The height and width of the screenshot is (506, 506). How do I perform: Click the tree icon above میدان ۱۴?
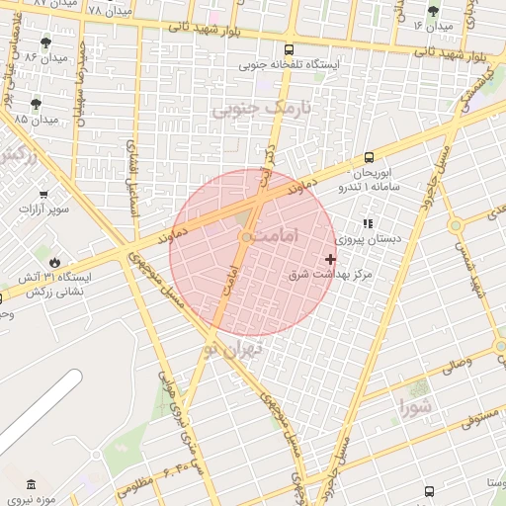(433, 11)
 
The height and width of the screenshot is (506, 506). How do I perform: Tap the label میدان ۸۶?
(45, 58)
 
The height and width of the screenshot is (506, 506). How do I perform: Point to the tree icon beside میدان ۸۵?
(37, 103)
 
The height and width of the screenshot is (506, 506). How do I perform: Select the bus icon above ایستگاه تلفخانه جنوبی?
(289, 49)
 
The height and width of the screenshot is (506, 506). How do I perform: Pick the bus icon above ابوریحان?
(369, 156)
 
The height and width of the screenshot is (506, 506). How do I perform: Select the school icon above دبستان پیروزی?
(369, 224)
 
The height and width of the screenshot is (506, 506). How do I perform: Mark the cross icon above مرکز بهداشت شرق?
(331, 259)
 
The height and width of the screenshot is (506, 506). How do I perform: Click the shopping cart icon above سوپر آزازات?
(43, 195)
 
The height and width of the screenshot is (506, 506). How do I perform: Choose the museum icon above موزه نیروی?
(31, 485)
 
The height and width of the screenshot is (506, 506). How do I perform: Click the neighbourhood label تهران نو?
(233, 348)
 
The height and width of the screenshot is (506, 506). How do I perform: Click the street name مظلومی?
(135, 485)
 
